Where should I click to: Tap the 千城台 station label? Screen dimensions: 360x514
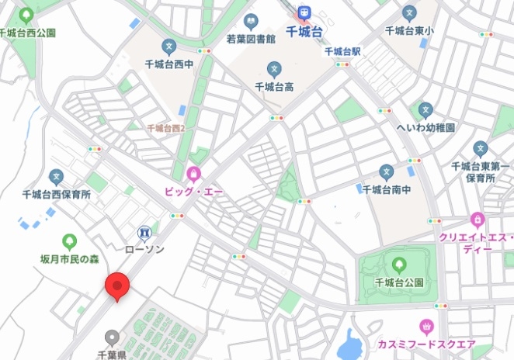pyautogui.click(x=305, y=32)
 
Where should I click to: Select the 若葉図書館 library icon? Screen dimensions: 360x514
pyautogui.click(x=250, y=22)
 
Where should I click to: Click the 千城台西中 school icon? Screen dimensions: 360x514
pyautogui.click(x=169, y=47)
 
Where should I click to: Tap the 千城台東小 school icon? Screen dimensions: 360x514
pyautogui.click(x=409, y=13)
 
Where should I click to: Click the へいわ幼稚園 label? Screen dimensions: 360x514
pyautogui.click(x=425, y=126)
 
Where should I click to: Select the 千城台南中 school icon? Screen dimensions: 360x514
pyautogui.click(x=386, y=171)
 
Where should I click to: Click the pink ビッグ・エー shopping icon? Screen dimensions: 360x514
pyautogui.click(x=193, y=173)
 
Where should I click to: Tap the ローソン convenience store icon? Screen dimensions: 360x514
pyautogui.click(x=144, y=232)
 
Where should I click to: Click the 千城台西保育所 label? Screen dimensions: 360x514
pyautogui.click(x=56, y=195)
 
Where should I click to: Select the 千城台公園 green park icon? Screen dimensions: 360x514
pyautogui.click(x=399, y=265)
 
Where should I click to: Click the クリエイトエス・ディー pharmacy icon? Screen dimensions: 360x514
pyautogui.click(x=477, y=220)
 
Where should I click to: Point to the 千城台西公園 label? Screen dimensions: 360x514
pyautogui.click(x=28, y=33)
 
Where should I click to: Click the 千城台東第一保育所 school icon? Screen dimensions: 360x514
pyautogui.click(x=480, y=148)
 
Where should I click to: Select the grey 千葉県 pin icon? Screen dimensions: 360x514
pyautogui.click(x=113, y=337)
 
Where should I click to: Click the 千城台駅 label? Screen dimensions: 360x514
pyautogui.click(x=343, y=51)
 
